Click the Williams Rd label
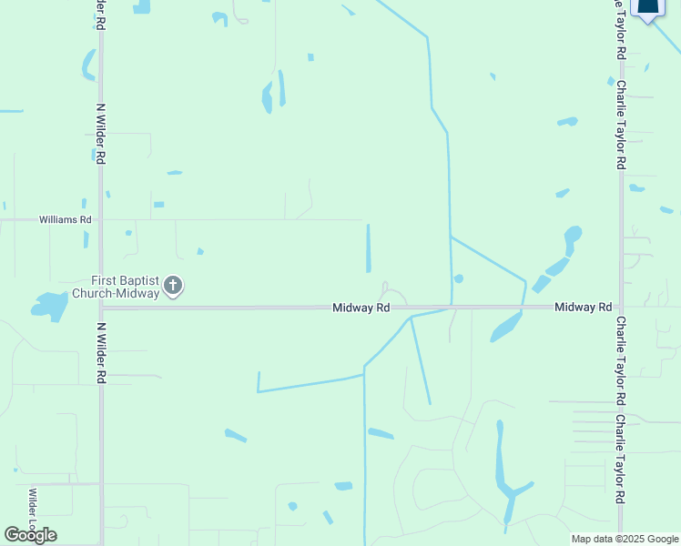click(x=65, y=219)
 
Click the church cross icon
click(x=173, y=288)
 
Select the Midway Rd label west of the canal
click(x=361, y=308)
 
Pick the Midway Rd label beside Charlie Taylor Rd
click(x=584, y=308)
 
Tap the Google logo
click(x=30, y=535)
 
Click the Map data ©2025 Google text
click(x=625, y=539)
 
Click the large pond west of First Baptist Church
click(x=51, y=306)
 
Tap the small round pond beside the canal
click(x=458, y=278)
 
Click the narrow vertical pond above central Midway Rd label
click(x=369, y=248)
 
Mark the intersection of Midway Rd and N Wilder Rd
click(x=101, y=308)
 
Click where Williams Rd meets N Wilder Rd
click(x=101, y=219)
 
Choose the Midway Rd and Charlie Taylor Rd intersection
click(x=621, y=308)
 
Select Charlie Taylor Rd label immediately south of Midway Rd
click(x=621, y=360)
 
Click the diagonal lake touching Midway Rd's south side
click(x=506, y=327)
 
